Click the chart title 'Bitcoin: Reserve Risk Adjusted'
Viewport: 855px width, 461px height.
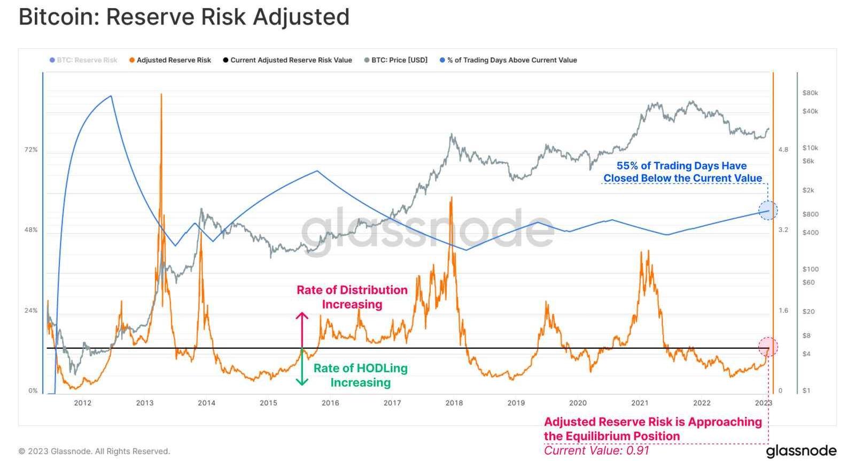(184, 17)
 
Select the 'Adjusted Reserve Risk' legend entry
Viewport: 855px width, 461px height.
(173, 60)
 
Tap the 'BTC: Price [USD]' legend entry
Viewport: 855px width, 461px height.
(399, 60)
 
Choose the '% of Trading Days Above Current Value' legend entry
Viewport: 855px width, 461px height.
(511, 60)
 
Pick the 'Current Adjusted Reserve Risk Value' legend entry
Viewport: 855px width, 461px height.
(291, 60)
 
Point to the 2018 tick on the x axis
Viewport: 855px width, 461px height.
(454, 403)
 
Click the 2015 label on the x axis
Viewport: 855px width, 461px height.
(268, 403)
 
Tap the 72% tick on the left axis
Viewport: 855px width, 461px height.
(31, 150)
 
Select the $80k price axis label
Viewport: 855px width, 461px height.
(810, 93)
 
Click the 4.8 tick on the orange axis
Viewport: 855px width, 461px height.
(783, 150)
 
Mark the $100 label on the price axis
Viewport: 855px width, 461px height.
(810, 269)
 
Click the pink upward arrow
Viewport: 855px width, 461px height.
(302, 329)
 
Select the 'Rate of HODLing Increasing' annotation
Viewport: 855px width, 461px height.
(360, 375)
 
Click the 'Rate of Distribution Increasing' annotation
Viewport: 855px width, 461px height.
(352, 297)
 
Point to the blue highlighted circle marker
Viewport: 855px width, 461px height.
(768, 210)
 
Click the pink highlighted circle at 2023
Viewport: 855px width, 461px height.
(768, 347)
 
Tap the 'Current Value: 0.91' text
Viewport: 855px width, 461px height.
(596, 450)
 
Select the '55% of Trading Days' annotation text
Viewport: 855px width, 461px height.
(682, 172)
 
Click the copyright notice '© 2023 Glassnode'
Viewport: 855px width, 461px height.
(94, 451)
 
